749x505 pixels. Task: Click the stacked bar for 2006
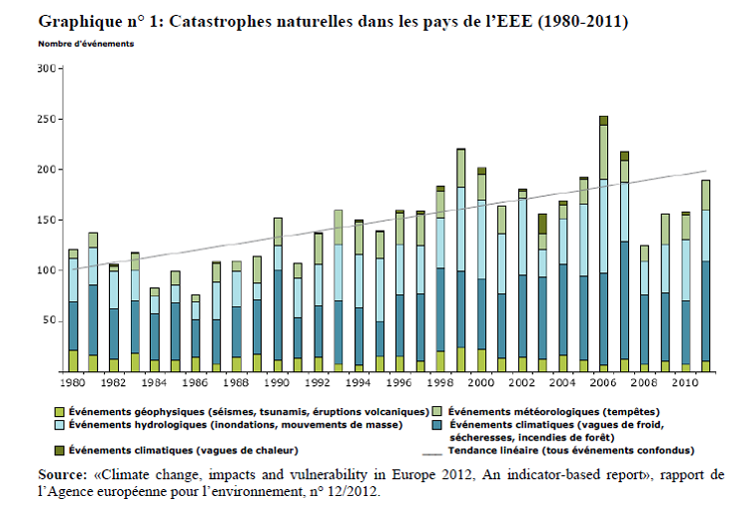[603, 245]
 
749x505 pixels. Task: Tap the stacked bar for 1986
[195, 334]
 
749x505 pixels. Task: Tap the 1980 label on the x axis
[72, 382]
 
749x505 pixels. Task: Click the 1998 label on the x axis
[439, 382]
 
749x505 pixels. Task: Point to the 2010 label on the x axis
[685, 382]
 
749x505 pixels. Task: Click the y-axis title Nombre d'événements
[86, 44]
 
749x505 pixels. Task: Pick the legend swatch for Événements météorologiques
[438, 410]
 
